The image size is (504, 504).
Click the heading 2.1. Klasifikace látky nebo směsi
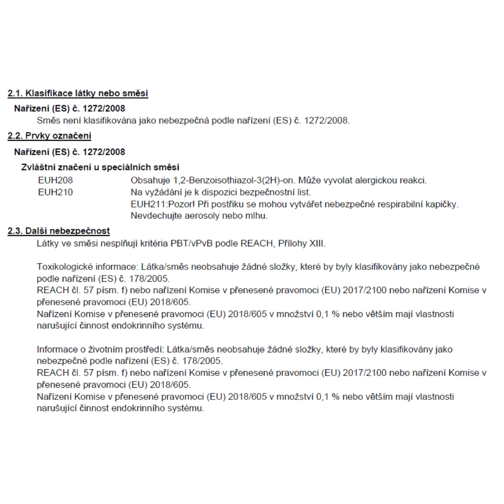[x=78, y=93]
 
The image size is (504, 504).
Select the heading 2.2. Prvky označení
[x=49, y=136]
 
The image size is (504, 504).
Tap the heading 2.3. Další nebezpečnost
[x=59, y=231]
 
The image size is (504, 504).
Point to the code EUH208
[x=55, y=180]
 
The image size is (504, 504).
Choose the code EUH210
[x=55, y=192]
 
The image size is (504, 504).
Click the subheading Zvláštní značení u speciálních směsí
[x=100, y=167]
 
